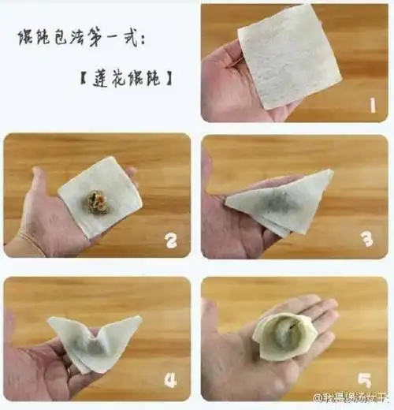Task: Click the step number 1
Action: pos(370,103)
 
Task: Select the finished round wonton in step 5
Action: pos(284,335)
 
